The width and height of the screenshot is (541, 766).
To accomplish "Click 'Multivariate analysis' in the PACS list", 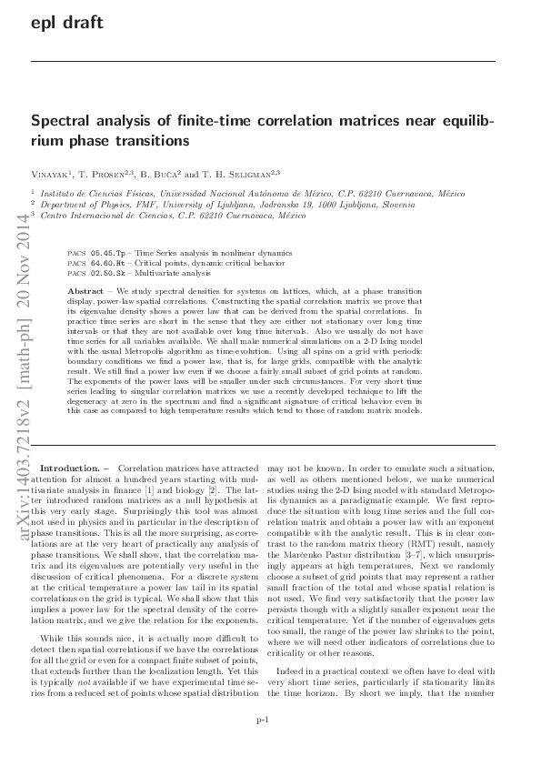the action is [x=172, y=272].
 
